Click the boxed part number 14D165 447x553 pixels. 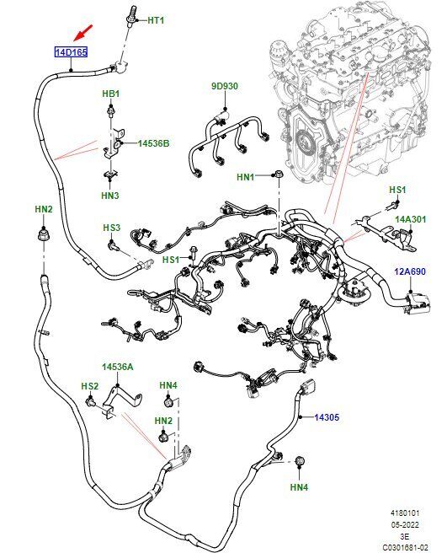(72, 52)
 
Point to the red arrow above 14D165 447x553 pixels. (83, 32)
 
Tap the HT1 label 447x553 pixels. (156, 20)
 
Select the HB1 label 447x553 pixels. (110, 94)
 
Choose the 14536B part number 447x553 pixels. (153, 143)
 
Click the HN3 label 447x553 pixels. (110, 195)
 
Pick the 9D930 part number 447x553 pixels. (225, 86)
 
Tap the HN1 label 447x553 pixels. (246, 177)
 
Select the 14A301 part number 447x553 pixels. (410, 219)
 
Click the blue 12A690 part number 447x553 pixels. (410, 271)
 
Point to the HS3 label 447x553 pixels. (112, 228)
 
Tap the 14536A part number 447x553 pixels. (118, 367)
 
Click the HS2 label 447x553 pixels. (90, 386)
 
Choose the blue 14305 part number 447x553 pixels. (327, 417)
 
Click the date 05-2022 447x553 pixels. (405, 525)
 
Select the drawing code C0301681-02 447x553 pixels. (405, 547)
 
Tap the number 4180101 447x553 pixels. (405, 513)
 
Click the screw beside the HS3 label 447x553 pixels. (114, 245)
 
